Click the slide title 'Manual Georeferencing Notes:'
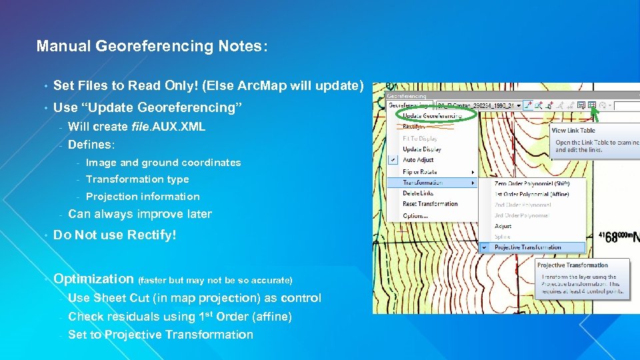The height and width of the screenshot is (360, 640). click(x=152, y=46)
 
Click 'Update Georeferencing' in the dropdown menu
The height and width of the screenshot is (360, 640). click(x=434, y=116)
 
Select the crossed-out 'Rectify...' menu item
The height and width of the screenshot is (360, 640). click(x=414, y=127)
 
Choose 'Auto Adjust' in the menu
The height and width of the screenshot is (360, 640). click(x=418, y=160)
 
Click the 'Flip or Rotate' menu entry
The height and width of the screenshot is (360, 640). click(x=420, y=171)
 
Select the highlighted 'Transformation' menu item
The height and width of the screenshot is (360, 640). click(x=422, y=182)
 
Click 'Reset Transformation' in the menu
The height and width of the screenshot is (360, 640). click(x=430, y=204)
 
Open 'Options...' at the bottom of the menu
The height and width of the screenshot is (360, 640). click(x=415, y=215)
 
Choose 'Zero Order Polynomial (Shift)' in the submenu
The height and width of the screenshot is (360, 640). click(x=531, y=183)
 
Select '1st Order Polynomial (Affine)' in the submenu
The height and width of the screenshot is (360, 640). click(x=531, y=193)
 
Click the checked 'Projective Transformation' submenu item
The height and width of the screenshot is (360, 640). click(x=527, y=247)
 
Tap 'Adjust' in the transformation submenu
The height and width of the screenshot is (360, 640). click(x=503, y=226)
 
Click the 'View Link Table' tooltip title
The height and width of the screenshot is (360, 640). click(x=573, y=131)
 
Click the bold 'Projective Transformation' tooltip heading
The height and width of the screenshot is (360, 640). click(x=573, y=265)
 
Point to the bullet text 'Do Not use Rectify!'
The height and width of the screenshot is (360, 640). click(x=115, y=235)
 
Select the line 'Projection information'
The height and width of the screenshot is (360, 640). click(x=143, y=197)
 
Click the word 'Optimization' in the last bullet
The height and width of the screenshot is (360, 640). click(x=93, y=279)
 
